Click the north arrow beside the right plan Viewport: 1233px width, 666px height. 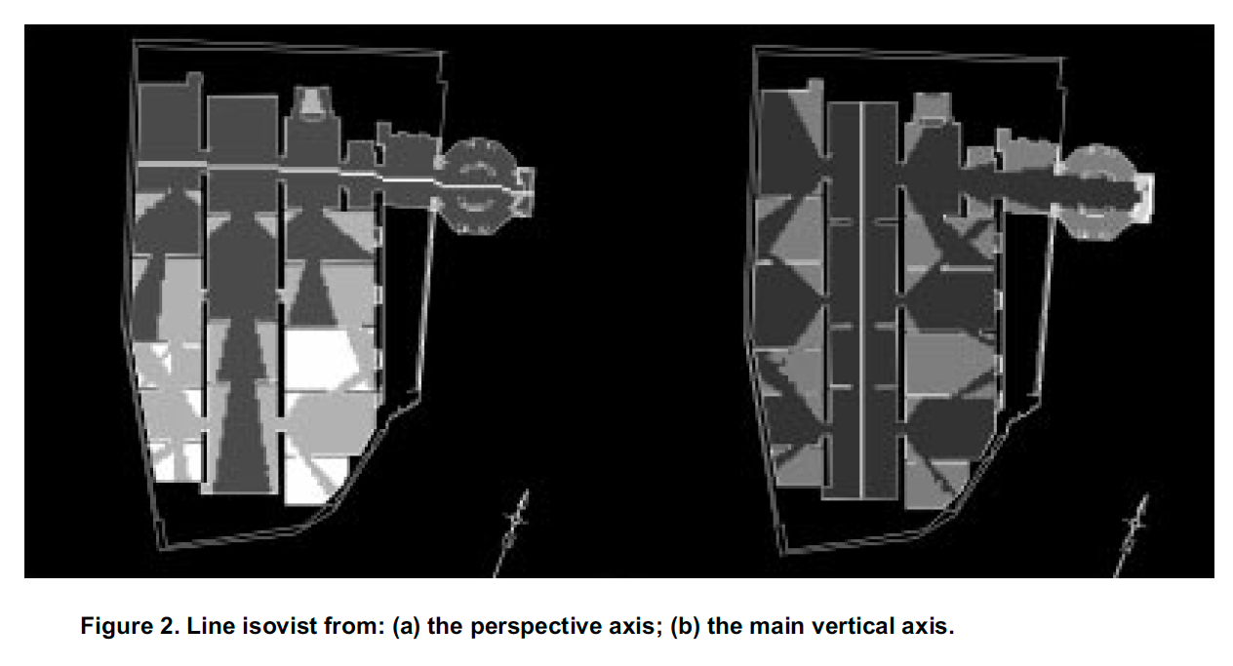point(1134,531)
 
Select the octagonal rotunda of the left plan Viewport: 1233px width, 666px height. point(478,184)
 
